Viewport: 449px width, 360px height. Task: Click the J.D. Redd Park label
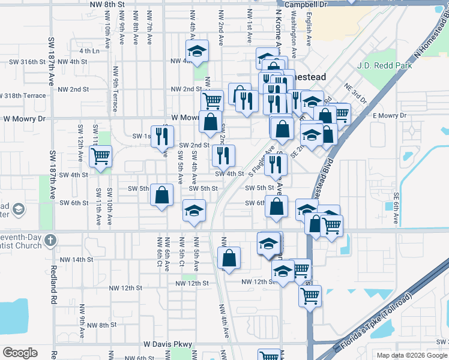(384, 65)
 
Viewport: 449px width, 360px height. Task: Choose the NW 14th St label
(75, 260)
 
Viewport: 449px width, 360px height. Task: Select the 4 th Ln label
(88, 51)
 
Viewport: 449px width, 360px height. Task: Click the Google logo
(20, 353)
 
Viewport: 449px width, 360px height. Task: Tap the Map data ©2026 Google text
(411, 355)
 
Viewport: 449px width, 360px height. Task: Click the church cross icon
(51, 241)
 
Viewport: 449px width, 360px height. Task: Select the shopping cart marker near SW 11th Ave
(101, 157)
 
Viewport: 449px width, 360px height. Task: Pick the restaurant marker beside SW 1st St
(161, 137)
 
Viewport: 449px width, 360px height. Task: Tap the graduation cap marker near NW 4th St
(196, 53)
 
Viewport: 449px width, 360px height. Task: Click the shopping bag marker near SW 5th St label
(161, 195)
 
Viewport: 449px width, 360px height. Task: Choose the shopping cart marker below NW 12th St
(310, 295)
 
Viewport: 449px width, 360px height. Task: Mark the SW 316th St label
(27, 62)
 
